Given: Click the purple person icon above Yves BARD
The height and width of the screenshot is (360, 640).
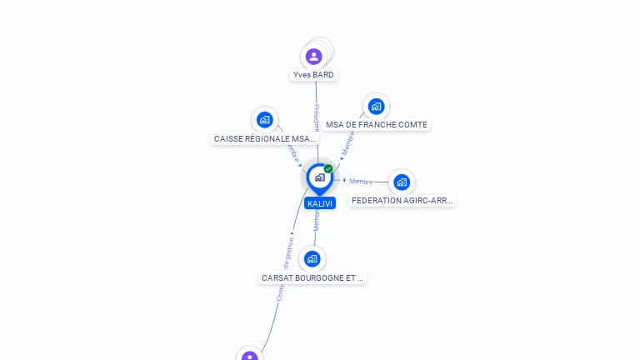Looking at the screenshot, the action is click(313, 57).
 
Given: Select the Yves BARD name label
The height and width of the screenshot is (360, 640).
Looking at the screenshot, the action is click(313, 75).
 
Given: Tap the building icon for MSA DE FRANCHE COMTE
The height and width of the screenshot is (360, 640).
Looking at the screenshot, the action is click(376, 106).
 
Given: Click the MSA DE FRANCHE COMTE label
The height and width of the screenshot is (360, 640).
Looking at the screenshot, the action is click(377, 125).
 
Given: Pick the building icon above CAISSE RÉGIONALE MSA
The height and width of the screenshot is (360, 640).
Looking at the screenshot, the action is click(265, 120).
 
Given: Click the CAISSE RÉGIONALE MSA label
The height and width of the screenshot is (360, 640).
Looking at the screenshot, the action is click(264, 139).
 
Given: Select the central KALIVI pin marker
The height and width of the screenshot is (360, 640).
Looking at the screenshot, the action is click(319, 177).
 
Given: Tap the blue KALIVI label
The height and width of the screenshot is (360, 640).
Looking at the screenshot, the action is click(319, 203).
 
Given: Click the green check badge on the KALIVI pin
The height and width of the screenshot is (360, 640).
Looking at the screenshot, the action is click(328, 169).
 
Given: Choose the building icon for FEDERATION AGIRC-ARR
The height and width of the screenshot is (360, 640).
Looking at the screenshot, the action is click(402, 182).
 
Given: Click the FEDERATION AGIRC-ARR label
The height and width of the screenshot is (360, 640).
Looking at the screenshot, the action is click(402, 201).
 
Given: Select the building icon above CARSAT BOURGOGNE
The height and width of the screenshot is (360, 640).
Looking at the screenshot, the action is click(312, 258).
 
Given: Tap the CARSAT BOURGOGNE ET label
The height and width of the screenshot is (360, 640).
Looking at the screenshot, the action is click(312, 277).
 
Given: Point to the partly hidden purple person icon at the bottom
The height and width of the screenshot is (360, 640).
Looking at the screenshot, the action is click(249, 356).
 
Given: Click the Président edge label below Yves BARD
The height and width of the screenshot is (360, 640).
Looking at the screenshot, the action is click(317, 117).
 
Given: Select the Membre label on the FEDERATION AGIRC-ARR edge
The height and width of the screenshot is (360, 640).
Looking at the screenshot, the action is click(361, 182).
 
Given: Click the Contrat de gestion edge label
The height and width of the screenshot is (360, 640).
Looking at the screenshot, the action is click(284, 269).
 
